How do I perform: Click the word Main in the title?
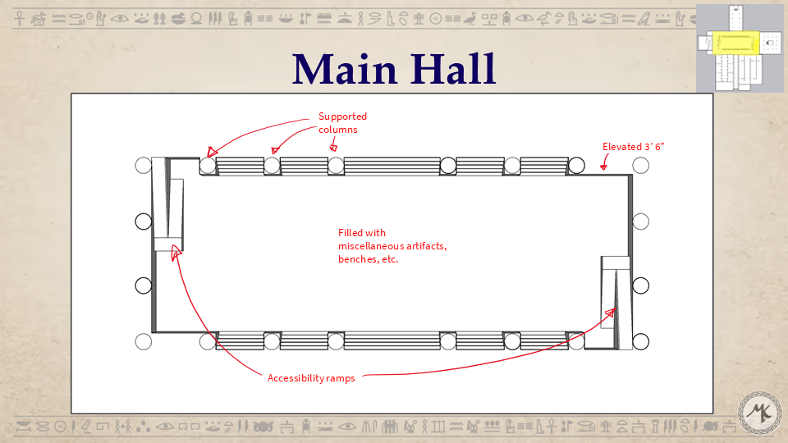pyautogui.click(x=344, y=69)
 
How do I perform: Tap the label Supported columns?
pyautogui.click(x=342, y=122)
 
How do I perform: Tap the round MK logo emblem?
pyautogui.click(x=760, y=413)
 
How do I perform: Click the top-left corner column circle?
pyautogui.click(x=144, y=165)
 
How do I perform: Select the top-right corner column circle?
pyautogui.click(x=640, y=165)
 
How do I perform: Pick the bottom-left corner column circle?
pyautogui.click(x=144, y=341)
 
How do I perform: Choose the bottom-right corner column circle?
pyautogui.click(x=640, y=341)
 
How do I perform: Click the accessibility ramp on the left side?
pyautogui.click(x=168, y=205)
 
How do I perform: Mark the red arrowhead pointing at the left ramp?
pyautogui.click(x=175, y=255)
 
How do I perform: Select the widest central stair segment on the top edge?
pyautogui.click(x=392, y=166)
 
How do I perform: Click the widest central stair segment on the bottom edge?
pyautogui.click(x=392, y=340)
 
